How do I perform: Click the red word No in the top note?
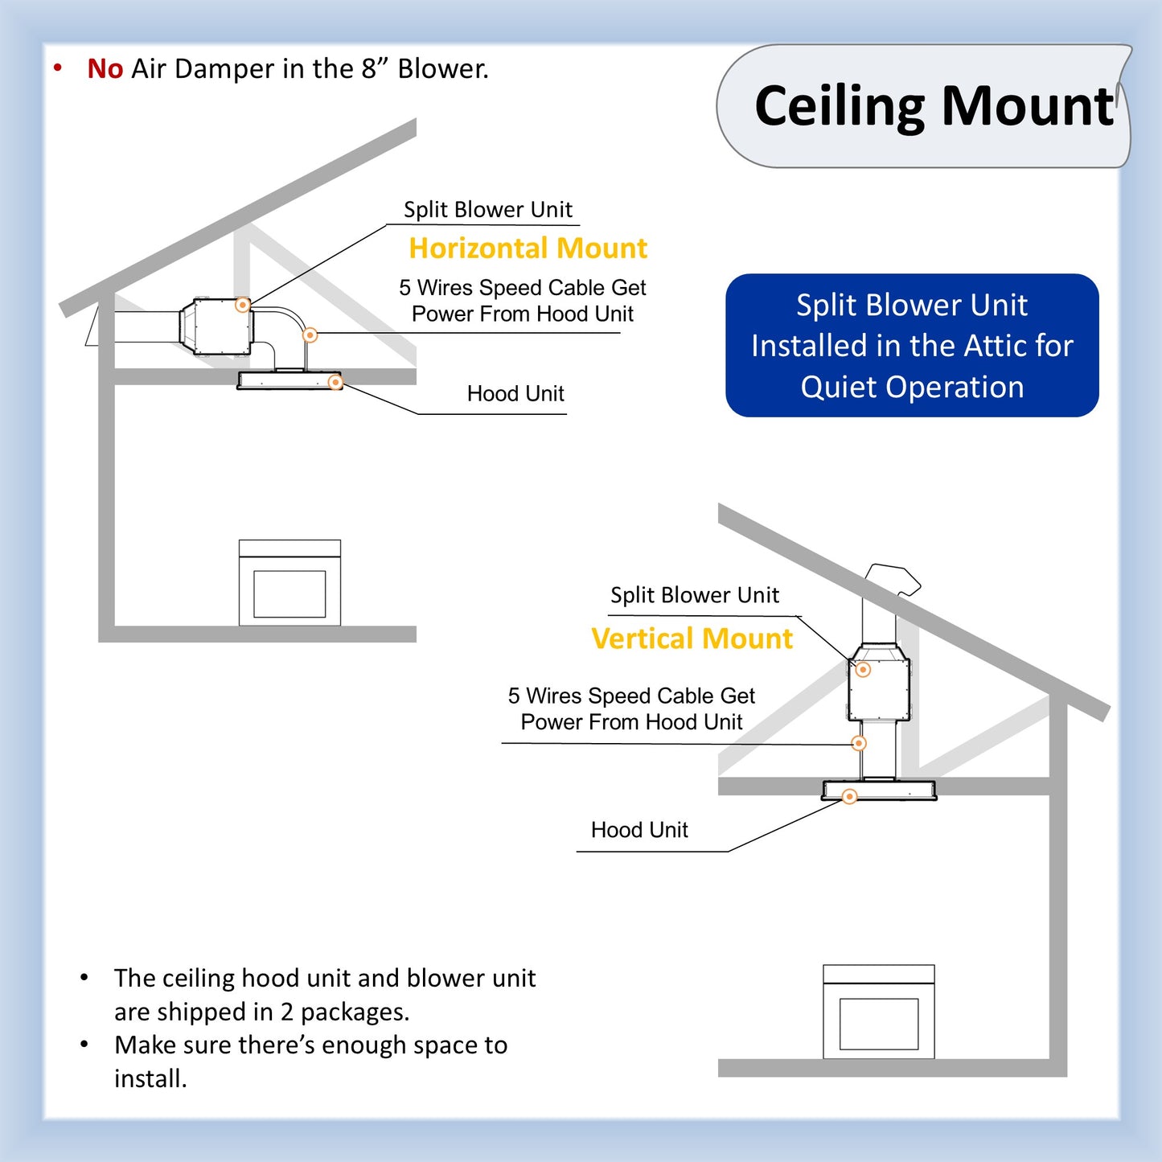pos(105,69)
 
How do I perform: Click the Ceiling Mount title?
pos(933,106)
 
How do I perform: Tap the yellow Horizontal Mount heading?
pos(528,248)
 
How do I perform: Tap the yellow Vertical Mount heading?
pos(692,638)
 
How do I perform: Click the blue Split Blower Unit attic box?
pos(912,346)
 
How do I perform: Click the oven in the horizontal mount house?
pos(289,583)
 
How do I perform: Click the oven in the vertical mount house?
pos(878,1012)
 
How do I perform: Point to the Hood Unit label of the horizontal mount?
pos(515,394)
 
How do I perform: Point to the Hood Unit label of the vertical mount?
pos(639,830)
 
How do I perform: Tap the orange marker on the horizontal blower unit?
pos(242,305)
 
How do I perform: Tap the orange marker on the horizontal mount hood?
pos(335,383)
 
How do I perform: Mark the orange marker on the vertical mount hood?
pos(849,796)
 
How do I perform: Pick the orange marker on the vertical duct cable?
pos(859,743)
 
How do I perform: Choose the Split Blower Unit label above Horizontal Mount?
pos(487,210)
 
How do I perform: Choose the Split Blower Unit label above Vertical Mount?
pos(694,595)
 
